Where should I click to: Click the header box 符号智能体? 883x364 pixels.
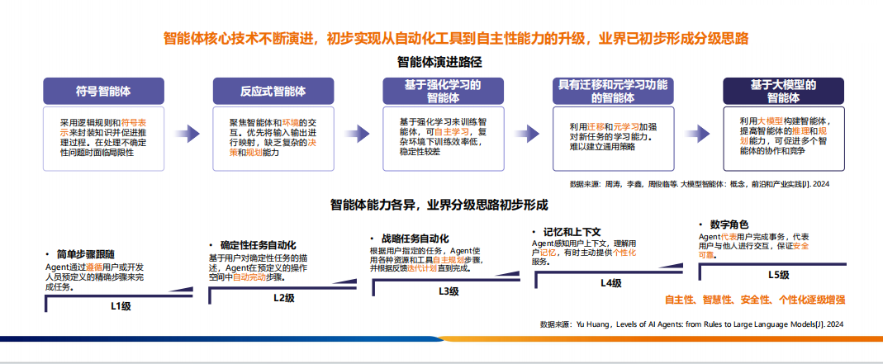click(x=103, y=91)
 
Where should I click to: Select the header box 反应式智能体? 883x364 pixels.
click(x=273, y=91)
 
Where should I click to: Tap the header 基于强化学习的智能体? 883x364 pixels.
click(x=443, y=91)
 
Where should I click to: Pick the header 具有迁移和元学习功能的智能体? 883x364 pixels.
click(x=613, y=91)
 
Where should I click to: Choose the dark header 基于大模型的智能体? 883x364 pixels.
click(x=783, y=91)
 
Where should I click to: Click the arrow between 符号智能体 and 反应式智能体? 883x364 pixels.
click(x=188, y=134)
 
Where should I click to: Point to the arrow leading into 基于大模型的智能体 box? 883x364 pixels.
click(x=697, y=134)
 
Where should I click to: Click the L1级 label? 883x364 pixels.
click(x=121, y=306)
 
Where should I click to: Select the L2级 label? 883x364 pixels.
click(x=284, y=298)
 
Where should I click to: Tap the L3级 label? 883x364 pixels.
click(x=449, y=291)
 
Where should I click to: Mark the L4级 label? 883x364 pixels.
click(x=610, y=283)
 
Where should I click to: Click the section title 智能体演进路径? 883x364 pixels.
click(x=441, y=61)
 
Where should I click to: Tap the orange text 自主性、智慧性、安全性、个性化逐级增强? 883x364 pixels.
click(x=755, y=300)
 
